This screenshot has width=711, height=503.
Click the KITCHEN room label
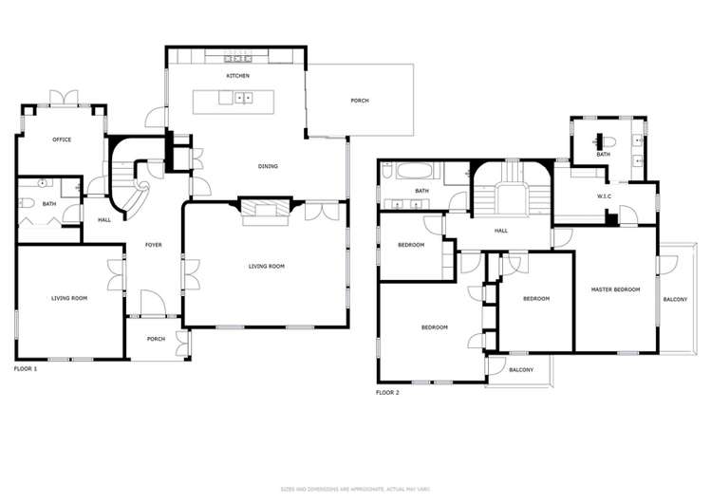point(237,75)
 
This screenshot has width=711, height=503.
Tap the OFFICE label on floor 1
point(61,140)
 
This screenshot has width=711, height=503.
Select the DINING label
point(268,167)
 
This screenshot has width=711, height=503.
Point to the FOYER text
point(153,245)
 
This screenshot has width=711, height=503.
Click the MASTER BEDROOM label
point(615,289)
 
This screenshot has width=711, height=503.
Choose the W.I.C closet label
point(603,197)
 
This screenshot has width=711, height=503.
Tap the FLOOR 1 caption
point(26,368)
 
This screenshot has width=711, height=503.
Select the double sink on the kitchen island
point(243,97)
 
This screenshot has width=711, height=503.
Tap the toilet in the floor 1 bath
point(26,203)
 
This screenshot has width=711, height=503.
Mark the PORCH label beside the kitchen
point(360,101)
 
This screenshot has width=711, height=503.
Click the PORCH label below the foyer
point(156,339)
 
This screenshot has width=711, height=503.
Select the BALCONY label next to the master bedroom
point(675,300)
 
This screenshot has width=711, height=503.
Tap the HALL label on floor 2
point(500,230)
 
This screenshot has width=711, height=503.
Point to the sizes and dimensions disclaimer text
point(354,489)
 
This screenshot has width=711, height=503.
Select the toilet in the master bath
point(608,143)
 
